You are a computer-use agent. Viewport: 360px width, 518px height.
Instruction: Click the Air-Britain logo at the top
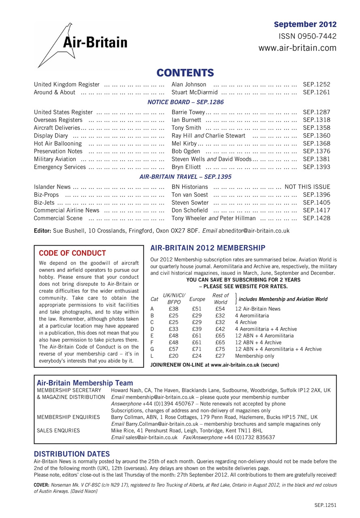pyautogui.click(x=83, y=44)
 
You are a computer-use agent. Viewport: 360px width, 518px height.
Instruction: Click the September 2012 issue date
pyautogui.click(x=305, y=24)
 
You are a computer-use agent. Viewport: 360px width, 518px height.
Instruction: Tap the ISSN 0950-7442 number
pyautogui.click(x=307, y=36)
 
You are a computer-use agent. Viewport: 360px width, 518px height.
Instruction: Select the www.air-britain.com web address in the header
pyautogui.click(x=297, y=48)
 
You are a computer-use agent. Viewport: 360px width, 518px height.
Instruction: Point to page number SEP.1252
pyautogui.click(x=316, y=85)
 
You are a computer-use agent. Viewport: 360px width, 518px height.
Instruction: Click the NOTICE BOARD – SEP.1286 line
pyautogui.click(x=181, y=102)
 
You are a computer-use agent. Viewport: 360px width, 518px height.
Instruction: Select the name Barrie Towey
pyautogui.click(x=189, y=112)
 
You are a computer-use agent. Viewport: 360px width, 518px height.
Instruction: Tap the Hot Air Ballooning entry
pyautogui.click(x=58, y=144)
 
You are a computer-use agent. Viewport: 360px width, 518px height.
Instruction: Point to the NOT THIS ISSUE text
pyautogui.click(x=307, y=187)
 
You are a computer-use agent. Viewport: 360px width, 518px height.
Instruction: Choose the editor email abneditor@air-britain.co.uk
pyautogui.click(x=254, y=231)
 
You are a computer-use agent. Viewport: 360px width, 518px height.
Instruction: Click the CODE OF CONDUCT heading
pyautogui.click(x=72, y=253)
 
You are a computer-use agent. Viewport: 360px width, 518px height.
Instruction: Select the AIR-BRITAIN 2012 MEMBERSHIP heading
pyautogui.click(x=208, y=248)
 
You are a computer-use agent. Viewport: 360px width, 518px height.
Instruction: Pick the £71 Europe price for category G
pyautogui.click(x=197, y=349)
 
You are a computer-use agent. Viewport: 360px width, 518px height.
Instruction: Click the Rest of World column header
pyautogui.click(x=220, y=299)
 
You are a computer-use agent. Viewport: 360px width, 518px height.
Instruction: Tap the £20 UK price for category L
pyautogui.click(x=174, y=356)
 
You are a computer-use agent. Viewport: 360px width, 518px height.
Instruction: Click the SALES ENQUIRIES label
pyautogui.click(x=58, y=431)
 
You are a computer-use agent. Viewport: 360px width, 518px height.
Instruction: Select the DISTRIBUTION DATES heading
pyautogui.click(x=72, y=454)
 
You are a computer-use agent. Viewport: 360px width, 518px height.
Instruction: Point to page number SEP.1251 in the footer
pyautogui.click(x=325, y=505)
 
